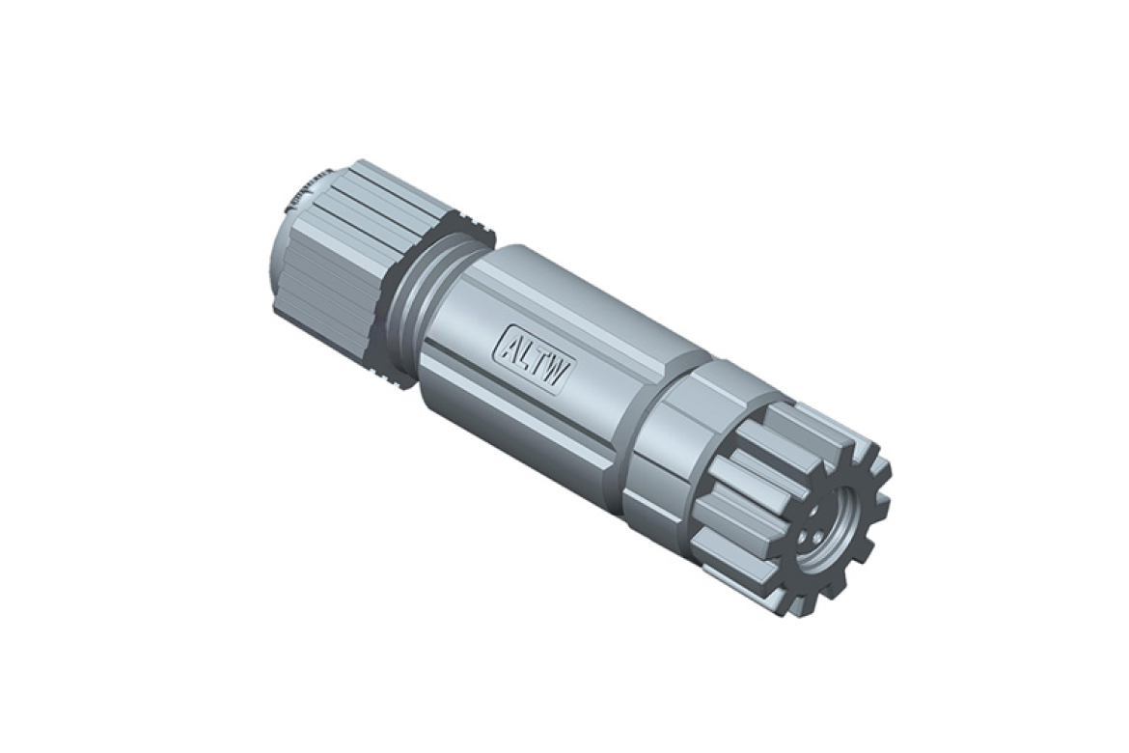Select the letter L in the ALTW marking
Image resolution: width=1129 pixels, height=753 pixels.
click(x=525, y=353)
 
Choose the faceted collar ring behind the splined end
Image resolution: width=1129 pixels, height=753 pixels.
click(x=675, y=434)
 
